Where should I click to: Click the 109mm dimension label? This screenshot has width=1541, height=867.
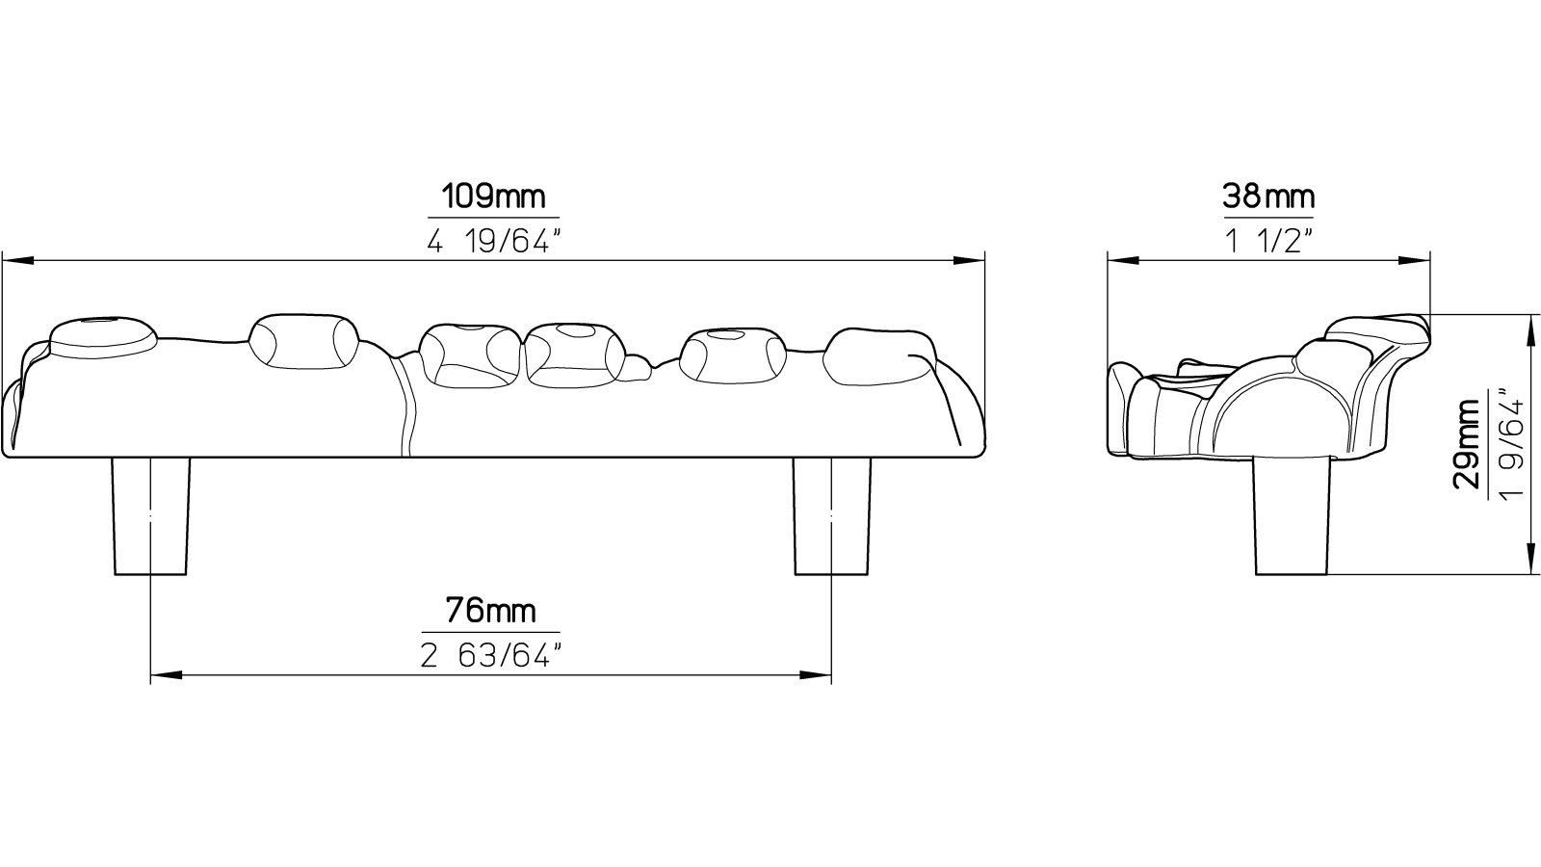coord(493,197)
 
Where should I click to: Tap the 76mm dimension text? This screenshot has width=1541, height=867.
coord(490,611)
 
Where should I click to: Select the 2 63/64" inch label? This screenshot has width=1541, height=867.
coord(491,656)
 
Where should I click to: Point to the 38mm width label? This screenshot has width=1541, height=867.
coord(1267,197)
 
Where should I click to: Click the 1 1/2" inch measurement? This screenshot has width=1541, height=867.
coord(1267,241)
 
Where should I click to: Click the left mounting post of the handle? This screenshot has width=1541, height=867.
coord(150,516)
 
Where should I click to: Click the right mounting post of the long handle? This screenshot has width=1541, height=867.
coord(831,516)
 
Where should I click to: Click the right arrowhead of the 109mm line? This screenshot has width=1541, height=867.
coord(968,260)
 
